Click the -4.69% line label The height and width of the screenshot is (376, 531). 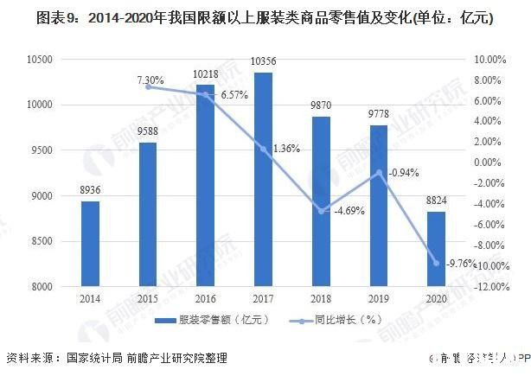click(346, 209)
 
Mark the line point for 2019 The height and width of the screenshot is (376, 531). click(379, 172)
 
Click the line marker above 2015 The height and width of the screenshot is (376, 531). click(148, 86)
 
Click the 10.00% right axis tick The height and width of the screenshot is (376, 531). click(489, 59)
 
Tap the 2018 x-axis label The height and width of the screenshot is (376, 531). click(321, 300)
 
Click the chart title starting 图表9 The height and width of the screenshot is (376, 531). click(265, 18)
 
